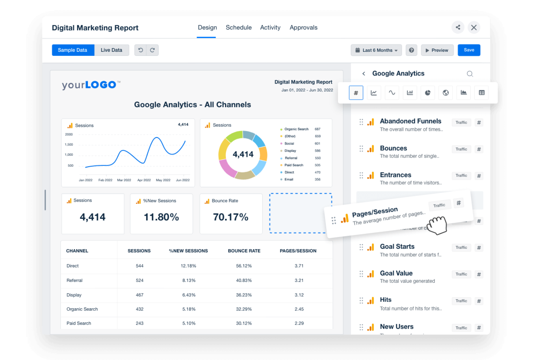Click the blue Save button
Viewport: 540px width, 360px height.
[x=469, y=50]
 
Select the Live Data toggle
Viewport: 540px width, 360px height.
[x=111, y=50]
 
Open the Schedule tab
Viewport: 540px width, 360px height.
[x=239, y=27]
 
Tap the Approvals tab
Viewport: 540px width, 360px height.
[x=303, y=27]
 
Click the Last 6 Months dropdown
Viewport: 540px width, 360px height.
[x=376, y=50]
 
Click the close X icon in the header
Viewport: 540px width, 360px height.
[x=474, y=27]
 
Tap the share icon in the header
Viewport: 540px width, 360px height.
[x=458, y=27]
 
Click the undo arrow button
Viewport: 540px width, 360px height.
[x=140, y=50]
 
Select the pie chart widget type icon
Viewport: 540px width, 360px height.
[x=428, y=93]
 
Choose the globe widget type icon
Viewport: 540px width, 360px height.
[x=445, y=93]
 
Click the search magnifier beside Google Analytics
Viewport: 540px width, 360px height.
[x=470, y=74]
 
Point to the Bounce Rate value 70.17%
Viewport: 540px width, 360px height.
[x=231, y=217]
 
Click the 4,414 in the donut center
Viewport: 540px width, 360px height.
[x=243, y=154]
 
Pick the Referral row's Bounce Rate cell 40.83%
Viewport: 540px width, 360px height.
[x=244, y=280]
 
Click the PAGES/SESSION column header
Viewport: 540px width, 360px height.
[x=298, y=251]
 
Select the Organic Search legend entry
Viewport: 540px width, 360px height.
[x=296, y=129]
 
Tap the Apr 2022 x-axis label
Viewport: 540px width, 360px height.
[x=144, y=180]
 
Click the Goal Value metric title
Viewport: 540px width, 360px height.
[x=396, y=273]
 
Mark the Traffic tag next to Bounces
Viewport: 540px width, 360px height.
[x=461, y=149]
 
